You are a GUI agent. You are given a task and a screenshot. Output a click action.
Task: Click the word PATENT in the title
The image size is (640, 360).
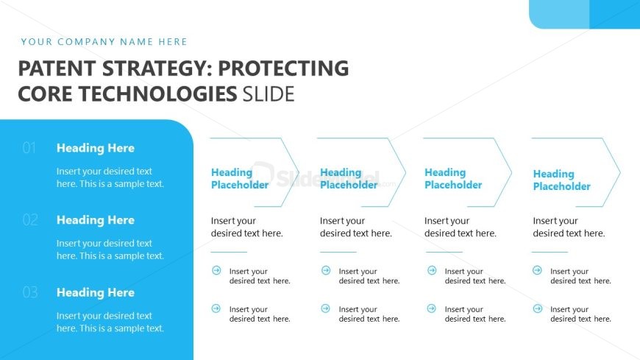[57, 68]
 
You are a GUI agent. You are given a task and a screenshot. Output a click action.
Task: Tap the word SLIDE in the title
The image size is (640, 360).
[269, 94]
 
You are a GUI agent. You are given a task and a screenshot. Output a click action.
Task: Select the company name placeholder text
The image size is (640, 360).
[104, 42]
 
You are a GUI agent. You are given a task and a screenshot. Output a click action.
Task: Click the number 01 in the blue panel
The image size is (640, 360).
[29, 148]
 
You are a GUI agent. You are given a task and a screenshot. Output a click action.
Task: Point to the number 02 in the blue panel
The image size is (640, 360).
[30, 220]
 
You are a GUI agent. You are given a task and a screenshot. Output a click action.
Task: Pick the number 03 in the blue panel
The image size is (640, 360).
[30, 292]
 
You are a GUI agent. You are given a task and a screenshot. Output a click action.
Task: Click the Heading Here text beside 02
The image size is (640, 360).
[96, 220]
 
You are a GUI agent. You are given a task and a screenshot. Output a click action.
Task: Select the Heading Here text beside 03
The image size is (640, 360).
[96, 292]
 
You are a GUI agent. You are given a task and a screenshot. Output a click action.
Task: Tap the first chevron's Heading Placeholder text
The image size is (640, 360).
[240, 179]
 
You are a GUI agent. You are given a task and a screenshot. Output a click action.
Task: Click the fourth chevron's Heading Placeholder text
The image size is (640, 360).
[561, 180]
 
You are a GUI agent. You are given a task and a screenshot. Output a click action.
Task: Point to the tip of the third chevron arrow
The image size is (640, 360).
[511, 172]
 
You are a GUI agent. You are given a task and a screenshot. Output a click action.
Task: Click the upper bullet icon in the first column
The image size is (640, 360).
[216, 270]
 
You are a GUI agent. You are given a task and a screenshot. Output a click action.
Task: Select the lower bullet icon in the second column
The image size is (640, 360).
[325, 308]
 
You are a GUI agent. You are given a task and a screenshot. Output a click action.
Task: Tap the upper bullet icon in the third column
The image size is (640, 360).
[431, 270]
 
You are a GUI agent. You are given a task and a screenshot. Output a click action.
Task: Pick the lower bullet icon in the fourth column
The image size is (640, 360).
[538, 308]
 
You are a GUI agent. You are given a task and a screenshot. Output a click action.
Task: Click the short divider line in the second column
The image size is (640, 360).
[338, 252]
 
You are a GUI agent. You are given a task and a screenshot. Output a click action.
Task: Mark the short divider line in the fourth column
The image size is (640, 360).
[550, 252]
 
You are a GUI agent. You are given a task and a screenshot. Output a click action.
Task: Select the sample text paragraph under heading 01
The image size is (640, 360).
[110, 177]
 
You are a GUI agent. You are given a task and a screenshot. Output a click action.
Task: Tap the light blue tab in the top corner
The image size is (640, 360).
[559, 14]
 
